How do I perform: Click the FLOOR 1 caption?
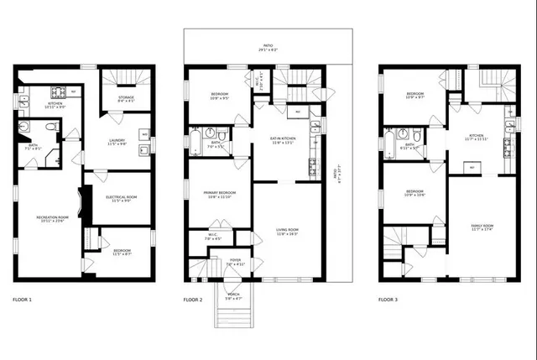click(22, 300)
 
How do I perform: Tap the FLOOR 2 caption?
click(193, 300)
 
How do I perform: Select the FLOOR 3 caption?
click(388, 300)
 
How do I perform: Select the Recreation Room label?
click(52, 218)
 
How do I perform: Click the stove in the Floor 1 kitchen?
click(60, 91)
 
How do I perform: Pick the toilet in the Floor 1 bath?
click(51, 128)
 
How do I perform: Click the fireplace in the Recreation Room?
click(80, 201)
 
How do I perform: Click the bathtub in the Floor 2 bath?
click(195, 138)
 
